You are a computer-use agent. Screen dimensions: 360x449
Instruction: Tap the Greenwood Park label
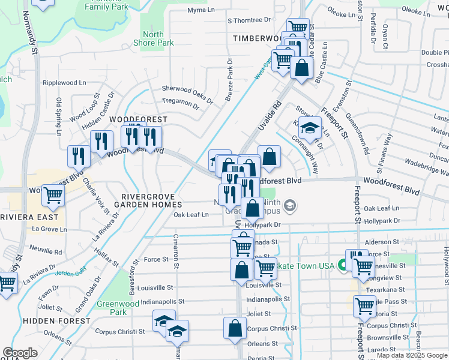click(x=113, y=308)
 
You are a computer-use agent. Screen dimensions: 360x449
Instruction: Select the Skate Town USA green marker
click(x=342, y=264)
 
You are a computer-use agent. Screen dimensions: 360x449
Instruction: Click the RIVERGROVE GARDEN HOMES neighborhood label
click(x=148, y=200)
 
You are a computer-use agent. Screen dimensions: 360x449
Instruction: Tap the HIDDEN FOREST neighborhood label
click(x=48, y=321)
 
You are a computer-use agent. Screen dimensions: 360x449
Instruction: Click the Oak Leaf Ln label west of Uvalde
click(x=191, y=215)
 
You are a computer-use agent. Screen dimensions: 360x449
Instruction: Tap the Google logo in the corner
click(x=20, y=353)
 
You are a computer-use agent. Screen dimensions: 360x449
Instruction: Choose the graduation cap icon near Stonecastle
click(x=310, y=128)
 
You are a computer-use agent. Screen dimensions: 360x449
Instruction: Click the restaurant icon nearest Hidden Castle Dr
click(x=101, y=142)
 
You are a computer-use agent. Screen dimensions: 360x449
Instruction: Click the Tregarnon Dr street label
click(x=180, y=104)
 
